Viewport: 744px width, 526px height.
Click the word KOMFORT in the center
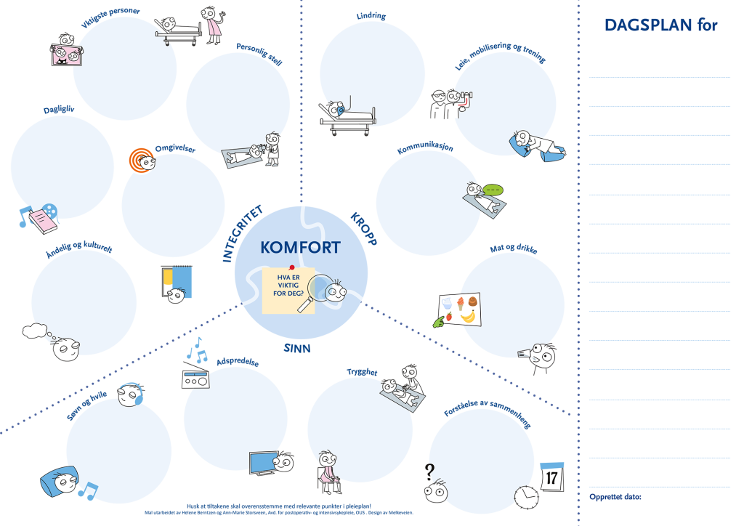[x=300, y=248]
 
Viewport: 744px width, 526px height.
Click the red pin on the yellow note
[x=291, y=267]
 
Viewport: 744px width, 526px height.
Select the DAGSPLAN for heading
[x=660, y=25]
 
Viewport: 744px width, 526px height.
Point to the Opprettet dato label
[x=615, y=497]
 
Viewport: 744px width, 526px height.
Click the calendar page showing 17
[x=552, y=476]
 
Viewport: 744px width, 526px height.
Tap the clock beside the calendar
[x=526, y=496]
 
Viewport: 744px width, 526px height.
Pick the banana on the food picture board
[x=468, y=316]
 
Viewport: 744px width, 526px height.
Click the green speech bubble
[x=493, y=190]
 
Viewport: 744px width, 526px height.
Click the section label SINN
[x=297, y=349]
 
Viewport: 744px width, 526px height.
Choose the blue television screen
[x=262, y=463]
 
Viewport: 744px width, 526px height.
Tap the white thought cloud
[x=34, y=331]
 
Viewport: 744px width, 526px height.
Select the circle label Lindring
[x=371, y=15]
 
